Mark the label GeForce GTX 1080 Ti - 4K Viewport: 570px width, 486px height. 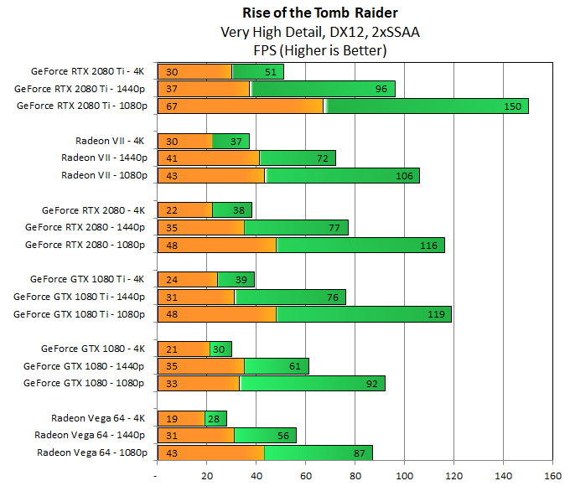(x=88, y=279)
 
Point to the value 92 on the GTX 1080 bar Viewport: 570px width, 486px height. (x=371, y=383)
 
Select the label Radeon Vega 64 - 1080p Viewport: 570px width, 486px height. (x=92, y=452)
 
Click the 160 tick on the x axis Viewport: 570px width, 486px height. (x=552, y=476)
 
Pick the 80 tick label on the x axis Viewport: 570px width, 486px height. (x=355, y=476)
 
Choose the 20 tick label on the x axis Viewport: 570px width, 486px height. (x=206, y=476)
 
